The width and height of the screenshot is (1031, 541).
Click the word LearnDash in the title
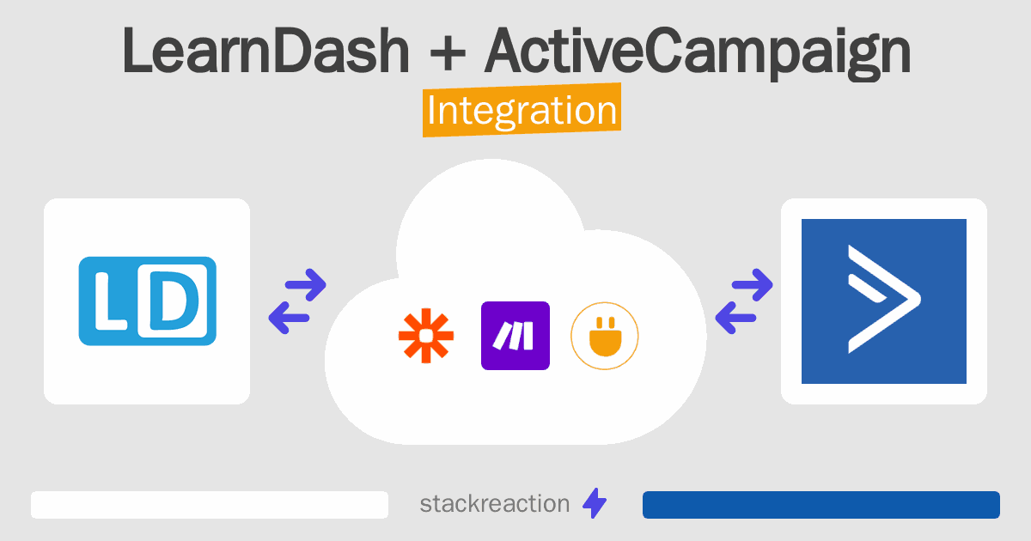(265, 51)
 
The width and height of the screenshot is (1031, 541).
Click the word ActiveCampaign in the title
(698, 53)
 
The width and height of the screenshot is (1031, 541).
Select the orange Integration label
(522, 110)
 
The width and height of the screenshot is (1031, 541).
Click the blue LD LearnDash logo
(147, 301)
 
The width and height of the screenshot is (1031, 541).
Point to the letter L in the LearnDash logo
(110, 301)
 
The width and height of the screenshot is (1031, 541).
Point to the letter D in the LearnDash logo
(174, 301)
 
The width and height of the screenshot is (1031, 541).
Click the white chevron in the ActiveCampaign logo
(884, 299)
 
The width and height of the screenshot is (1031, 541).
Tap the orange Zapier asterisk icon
(426, 336)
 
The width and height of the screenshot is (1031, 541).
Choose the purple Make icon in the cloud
(515, 336)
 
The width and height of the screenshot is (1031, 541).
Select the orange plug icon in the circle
(605, 336)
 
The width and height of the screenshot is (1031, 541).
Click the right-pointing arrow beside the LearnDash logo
(306, 285)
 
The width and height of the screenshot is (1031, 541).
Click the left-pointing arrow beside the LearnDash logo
(289, 318)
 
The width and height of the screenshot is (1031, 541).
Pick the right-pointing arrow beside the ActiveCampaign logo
(752, 285)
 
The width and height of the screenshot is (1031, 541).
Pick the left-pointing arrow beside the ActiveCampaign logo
(735, 318)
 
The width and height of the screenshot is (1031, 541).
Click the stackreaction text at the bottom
(495, 504)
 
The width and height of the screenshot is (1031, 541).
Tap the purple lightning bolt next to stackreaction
(595, 503)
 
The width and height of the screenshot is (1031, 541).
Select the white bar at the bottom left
(210, 505)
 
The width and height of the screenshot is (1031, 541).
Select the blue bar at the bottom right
(821, 505)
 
